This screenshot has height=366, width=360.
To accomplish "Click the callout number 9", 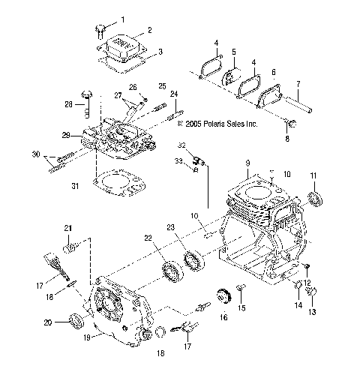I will click(x=247, y=163).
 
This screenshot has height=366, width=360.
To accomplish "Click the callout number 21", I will click(x=67, y=228).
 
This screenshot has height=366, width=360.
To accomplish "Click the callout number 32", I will click(x=181, y=144).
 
